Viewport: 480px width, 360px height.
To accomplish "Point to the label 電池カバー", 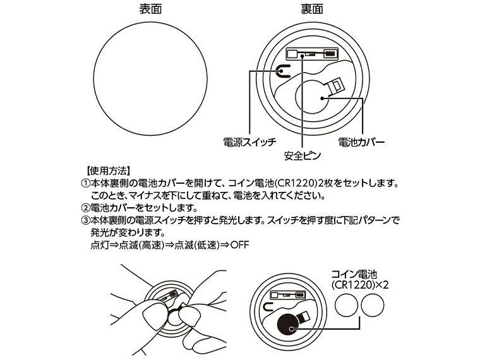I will [x=361, y=141].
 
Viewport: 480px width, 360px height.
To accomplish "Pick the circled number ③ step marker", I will [x=86, y=220].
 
